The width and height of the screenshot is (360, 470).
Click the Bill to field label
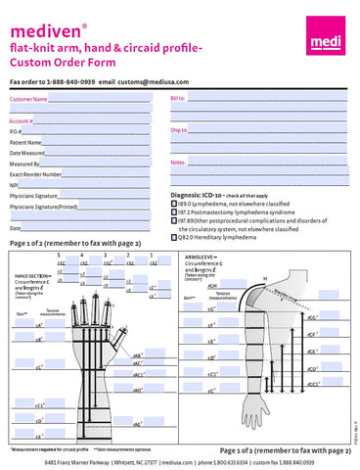click(178, 99)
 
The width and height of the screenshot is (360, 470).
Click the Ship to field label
click(179, 129)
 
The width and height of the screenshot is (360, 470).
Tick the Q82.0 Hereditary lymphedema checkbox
click(174, 237)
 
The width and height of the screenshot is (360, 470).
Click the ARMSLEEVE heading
click(203, 257)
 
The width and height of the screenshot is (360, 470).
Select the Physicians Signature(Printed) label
click(43, 208)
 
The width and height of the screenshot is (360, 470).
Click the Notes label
click(178, 161)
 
